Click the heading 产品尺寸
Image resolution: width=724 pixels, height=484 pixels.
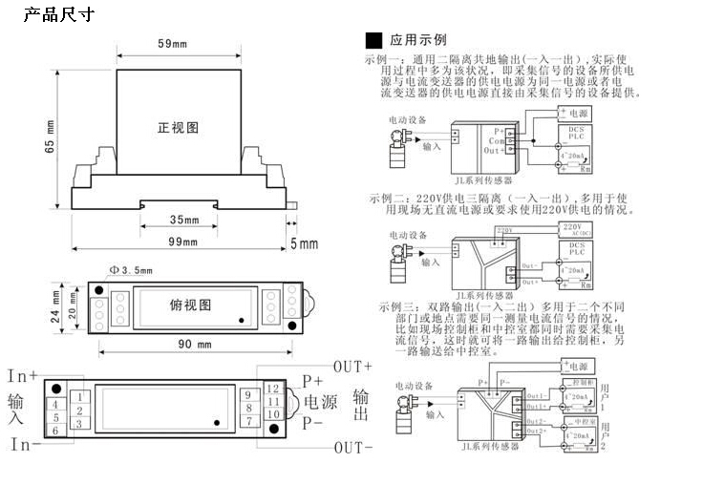click(56, 15)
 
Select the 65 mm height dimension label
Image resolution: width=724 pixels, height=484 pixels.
click(49, 137)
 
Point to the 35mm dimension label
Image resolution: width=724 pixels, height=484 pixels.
click(183, 220)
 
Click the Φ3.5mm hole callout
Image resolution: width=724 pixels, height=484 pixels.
click(130, 271)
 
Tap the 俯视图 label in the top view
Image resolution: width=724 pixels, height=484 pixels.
click(190, 305)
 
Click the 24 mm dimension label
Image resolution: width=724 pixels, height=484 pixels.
click(55, 305)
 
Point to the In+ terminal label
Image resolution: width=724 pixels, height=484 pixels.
click(24, 375)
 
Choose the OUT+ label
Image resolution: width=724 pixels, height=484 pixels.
click(352, 367)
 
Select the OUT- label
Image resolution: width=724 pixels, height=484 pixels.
click(352, 446)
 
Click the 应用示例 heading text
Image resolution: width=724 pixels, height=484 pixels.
click(417, 40)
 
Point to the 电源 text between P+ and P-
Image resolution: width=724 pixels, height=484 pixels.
click(320, 402)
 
